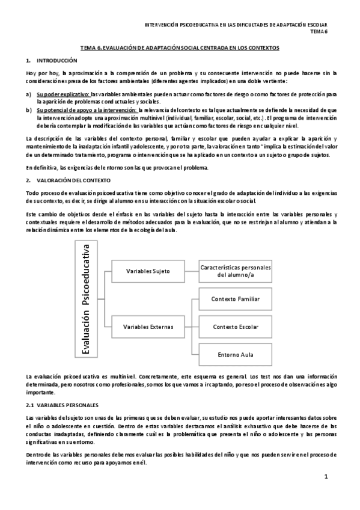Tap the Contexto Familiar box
(x=236, y=299)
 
